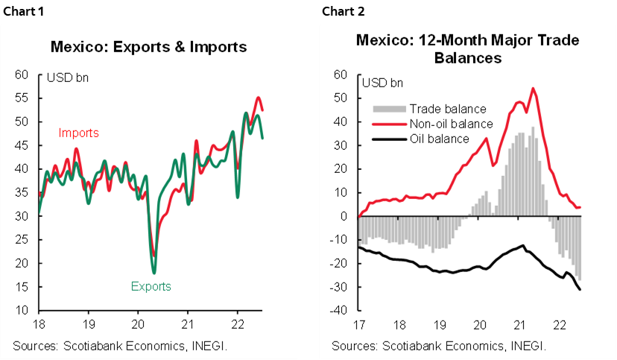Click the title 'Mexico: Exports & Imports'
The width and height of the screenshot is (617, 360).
(x=148, y=47)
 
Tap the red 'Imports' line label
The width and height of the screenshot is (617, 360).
(x=79, y=133)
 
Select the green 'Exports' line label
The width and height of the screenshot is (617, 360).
(x=151, y=286)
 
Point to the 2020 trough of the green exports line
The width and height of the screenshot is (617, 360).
(x=154, y=273)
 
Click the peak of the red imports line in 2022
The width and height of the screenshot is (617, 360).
(x=258, y=98)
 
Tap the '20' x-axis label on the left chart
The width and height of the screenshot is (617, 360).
(x=138, y=326)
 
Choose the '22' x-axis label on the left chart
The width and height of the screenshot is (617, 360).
(x=237, y=326)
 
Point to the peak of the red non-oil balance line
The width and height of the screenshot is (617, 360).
(x=533, y=89)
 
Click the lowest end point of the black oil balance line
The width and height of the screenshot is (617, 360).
(x=580, y=289)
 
